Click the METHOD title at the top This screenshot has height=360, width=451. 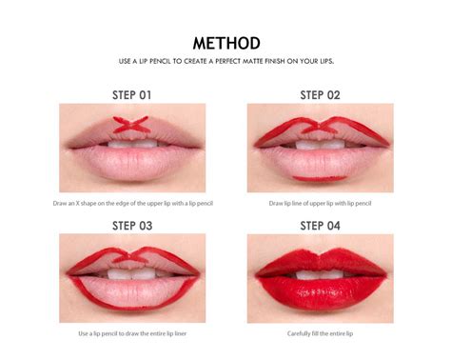point(225,44)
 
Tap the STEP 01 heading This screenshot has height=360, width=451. point(132,95)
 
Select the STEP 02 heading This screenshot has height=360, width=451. point(320,95)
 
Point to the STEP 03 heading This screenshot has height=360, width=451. point(132,226)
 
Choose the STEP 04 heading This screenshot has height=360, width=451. point(320,226)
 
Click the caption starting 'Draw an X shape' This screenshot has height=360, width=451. point(132,203)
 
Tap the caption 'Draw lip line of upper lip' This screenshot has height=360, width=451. point(320,203)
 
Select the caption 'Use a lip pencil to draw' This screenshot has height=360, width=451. point(132,333)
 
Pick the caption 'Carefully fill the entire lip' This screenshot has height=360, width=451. point(320,333)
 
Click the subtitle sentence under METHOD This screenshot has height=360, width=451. point(225,62)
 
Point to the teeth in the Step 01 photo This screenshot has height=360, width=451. point(132,144)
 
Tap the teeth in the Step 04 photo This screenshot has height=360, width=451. point(320,274)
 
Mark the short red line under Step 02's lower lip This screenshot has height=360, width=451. point(320,177)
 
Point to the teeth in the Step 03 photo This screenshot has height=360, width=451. point(132,273)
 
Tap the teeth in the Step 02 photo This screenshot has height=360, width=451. point(320,145)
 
